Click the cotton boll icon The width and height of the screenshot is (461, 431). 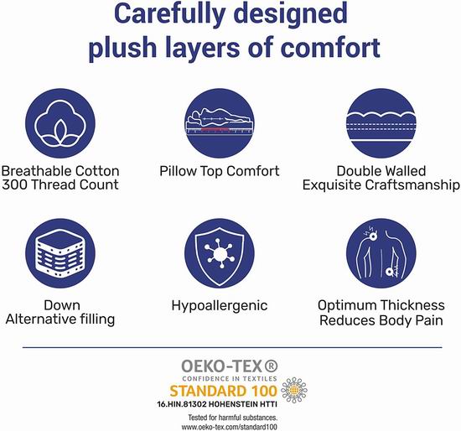(60, 123)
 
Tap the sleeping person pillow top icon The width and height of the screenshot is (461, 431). (220, 123)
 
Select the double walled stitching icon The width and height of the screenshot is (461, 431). (381, 123)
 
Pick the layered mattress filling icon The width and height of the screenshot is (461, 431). (60, 253)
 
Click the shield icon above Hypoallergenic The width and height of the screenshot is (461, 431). (220, 253)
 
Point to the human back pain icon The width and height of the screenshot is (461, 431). (381, 253)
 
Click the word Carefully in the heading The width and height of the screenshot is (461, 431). (169, 13)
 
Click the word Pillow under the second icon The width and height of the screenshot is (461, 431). (178, 171)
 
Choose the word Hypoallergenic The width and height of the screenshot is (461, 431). (220, 306)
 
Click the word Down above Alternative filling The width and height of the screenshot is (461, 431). (62, 305)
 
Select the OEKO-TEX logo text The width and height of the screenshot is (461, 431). (221, 366)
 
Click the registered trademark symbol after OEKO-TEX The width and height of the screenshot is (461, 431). (271, 366)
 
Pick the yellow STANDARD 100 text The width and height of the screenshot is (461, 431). (224, 391)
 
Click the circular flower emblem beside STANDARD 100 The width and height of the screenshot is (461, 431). (294, 390)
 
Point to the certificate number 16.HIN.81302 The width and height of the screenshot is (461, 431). (181, 404)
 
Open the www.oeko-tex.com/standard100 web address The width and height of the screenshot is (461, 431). (230, 427)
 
